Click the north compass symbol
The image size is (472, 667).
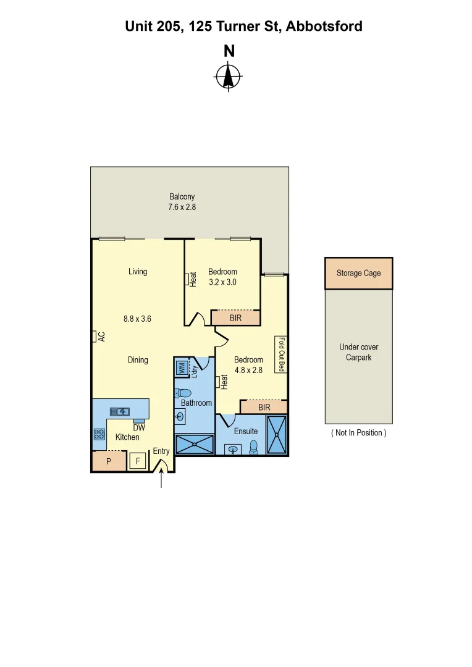coord(229,78)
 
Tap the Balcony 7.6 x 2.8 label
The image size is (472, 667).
coord(182,202)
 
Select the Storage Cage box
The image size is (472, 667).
coord(358,273)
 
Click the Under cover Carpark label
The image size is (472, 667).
coord(358,352)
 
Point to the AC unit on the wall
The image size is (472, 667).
coord(96,337)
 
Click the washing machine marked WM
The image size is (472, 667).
coord(182,368)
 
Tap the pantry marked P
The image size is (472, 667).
coord(109,461)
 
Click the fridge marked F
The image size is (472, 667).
coord(138,461)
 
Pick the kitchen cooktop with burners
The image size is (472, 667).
coord(99,434)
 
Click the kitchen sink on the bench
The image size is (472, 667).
coord(120,411)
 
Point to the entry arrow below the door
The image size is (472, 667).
coord(161,479)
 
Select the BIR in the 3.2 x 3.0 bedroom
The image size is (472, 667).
coord(235,318)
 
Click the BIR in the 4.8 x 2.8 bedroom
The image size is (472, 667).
coord(264,408)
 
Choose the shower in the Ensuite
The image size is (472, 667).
coord(277,435)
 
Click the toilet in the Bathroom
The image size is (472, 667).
coord(183,393)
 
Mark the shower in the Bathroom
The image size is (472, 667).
coord(195,445)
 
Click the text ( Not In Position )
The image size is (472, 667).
coord(358,433)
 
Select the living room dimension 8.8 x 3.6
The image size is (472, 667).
coord(137,319)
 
